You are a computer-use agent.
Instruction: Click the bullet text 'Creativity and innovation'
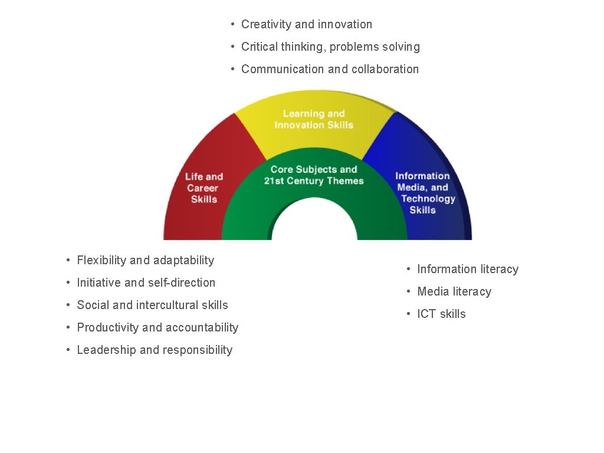point(307,24)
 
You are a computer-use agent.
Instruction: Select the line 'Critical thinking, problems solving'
point(330,47)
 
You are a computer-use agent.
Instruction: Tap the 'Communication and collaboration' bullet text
point(330,69)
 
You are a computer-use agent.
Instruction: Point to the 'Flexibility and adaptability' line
point(145,260)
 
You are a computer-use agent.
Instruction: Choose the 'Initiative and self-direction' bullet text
point(146,283)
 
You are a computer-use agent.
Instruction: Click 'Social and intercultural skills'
point(152,305)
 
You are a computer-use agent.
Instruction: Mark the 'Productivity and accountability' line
point(157,327)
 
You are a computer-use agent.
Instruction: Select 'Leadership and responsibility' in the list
point(155,350)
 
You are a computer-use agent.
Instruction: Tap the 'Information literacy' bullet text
point(468,270)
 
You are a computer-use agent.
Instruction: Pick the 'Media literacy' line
point(454,291)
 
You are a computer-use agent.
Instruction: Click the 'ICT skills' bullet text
point(441,314)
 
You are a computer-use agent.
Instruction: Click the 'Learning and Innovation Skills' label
point(314,119)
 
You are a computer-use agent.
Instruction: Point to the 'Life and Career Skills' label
point(203,188)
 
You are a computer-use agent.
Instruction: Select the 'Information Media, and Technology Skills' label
point(424,193)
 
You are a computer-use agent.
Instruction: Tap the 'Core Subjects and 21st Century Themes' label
point(314,175)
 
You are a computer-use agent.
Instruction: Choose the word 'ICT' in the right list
point(426,314)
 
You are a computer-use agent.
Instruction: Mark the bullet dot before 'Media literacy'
point(408,291)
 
